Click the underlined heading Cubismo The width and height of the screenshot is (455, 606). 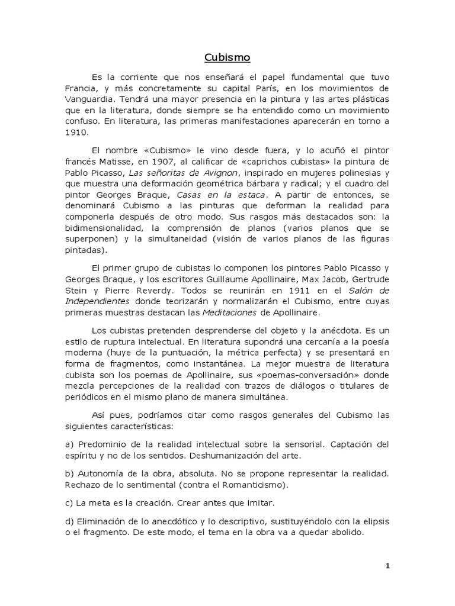pyautogui.click(x=227, y=57)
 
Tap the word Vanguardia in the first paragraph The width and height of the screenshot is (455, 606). pyautogui.click(x=87, y=99)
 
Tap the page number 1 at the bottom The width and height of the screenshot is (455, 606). pyautogui.click(x=388, y=566)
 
